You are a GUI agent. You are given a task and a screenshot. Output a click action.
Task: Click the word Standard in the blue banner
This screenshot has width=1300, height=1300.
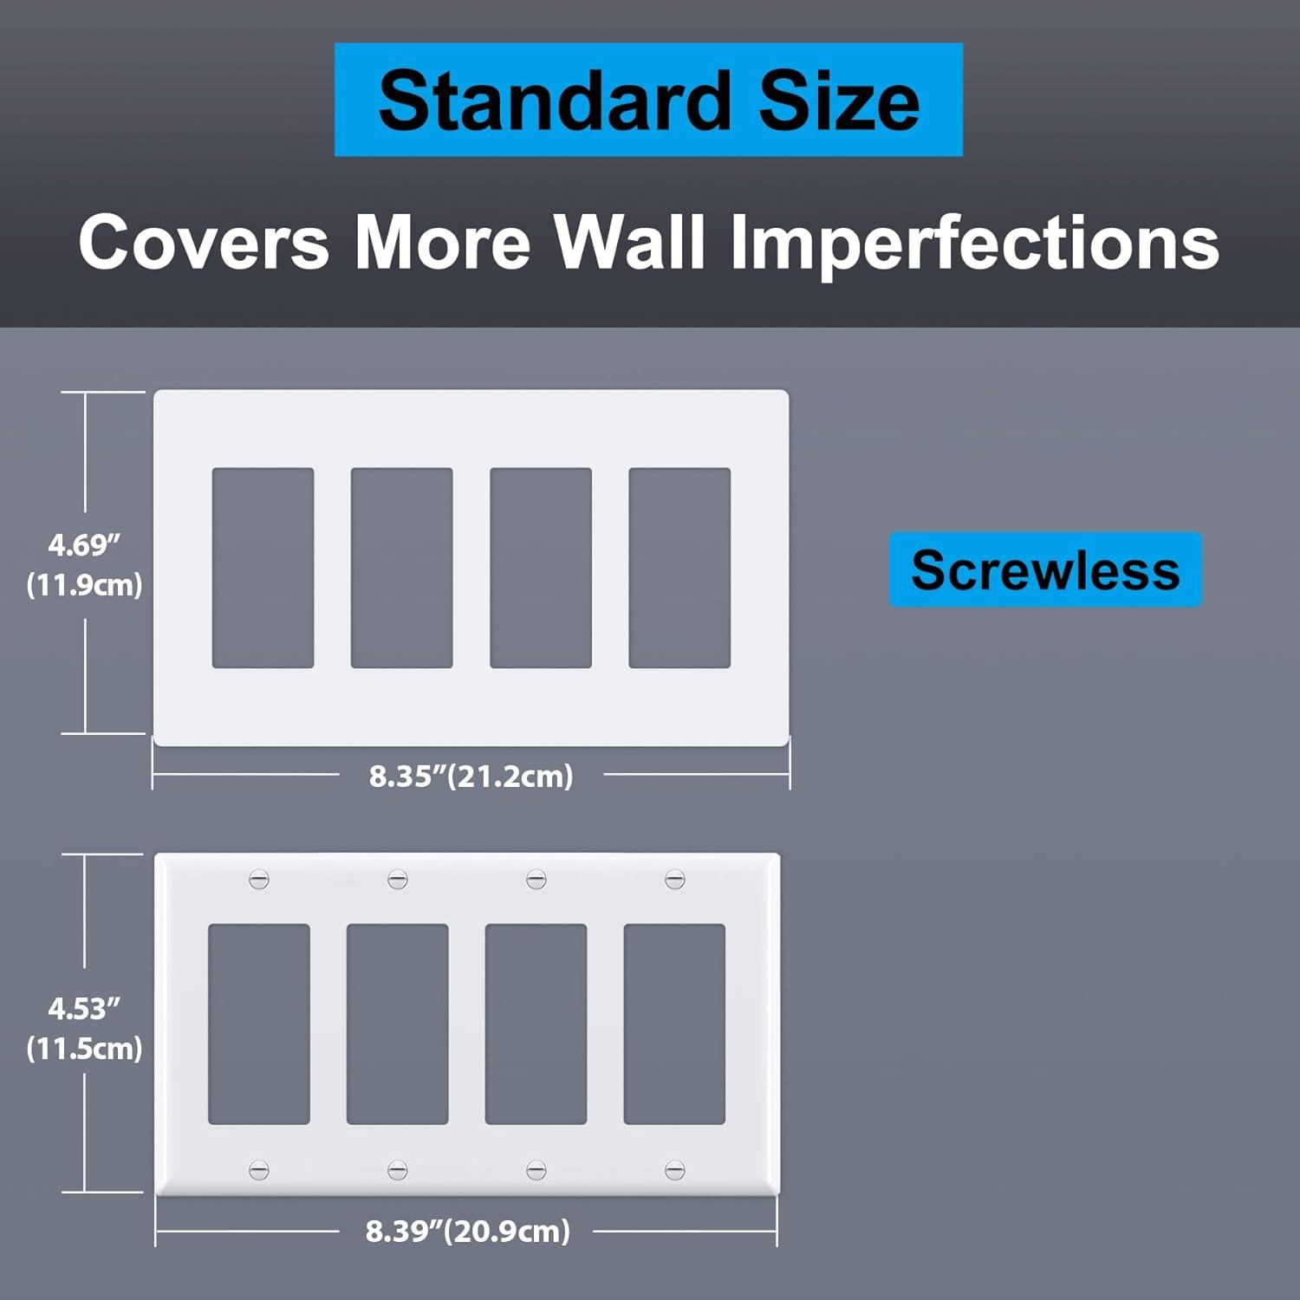click(x=555, y=101)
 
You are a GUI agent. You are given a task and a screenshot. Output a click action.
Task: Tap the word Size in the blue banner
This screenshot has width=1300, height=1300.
click(x=838, y=101)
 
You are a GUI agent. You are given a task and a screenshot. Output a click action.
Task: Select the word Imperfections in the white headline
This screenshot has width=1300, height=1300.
click(x=974, y=242)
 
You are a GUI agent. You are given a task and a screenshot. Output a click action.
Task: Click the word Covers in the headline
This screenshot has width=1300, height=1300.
click(x=204, y=242)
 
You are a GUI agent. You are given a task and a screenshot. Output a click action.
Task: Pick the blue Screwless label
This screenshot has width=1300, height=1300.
click(x=1045, y=569)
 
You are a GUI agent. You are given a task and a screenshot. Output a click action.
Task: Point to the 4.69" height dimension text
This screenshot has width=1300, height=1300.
click(x=84, y=545)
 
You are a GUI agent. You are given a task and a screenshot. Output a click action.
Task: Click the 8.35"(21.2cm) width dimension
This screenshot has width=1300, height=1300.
click(x=471, y=775)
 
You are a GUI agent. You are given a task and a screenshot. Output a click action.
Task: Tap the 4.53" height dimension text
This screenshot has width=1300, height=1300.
click(x=84, y=1008)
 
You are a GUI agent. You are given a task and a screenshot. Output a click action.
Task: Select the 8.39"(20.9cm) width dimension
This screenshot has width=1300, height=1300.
click(x=468, y=1231)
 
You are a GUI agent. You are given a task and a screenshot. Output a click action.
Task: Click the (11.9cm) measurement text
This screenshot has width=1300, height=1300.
click(x=84, y=585)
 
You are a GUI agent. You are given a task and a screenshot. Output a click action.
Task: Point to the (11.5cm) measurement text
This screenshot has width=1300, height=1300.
click(x=84, y=1049)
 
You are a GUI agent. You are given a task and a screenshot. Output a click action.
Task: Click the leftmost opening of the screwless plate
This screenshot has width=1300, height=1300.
click(x=263, y=568)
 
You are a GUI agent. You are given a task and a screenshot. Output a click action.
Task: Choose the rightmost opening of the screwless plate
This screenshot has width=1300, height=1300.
click(x=679, y=568)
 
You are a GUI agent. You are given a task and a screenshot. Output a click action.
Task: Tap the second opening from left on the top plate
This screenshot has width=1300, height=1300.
click(x=401, y=568)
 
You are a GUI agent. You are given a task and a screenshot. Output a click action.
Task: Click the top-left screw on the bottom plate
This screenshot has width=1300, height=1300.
click(x=259, y=880)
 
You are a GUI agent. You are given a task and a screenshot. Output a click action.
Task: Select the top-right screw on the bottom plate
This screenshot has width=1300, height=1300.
click(x=675, y=880)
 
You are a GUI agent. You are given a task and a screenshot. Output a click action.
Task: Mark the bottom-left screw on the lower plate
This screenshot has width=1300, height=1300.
click(x=259, y=1170)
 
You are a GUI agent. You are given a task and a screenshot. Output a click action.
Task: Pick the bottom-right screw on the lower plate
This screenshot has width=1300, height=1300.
click(x=675, y=1170)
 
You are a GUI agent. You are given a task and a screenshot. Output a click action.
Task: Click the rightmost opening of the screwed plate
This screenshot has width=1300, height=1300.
click(x=674, y=1024)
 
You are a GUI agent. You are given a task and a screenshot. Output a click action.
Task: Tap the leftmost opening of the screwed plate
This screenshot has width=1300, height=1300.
click(x=259, y=1024)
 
